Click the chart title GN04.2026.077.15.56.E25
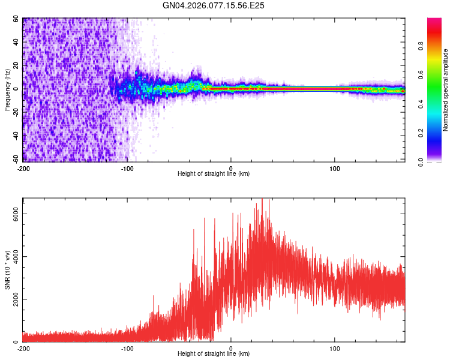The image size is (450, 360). pos(214,5)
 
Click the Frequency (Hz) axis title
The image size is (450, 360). pos(7,90)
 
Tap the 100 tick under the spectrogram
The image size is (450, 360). pos(335,167)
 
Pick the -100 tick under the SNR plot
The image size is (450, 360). pos(127,348)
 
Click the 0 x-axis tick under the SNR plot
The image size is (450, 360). pos(232,348)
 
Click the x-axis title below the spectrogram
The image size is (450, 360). pos(214,174)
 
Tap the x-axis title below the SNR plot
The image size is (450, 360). pos(214,355)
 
